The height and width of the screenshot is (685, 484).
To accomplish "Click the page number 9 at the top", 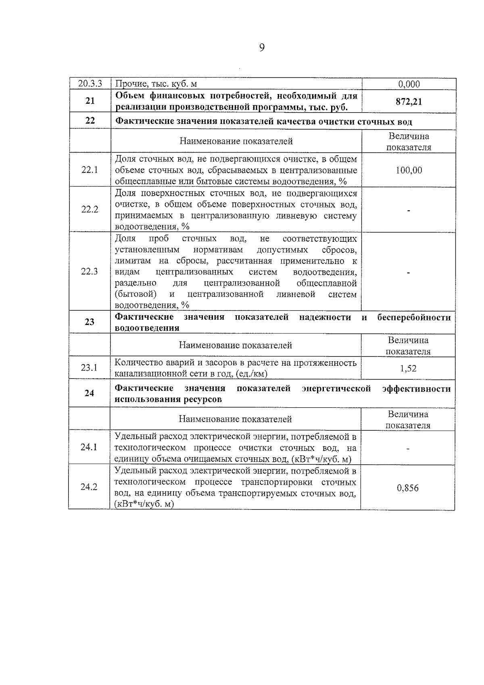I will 262,48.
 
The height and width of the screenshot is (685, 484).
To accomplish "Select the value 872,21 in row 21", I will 409,101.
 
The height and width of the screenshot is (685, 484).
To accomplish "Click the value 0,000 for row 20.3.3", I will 409,84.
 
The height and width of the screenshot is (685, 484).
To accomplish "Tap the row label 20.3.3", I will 90,84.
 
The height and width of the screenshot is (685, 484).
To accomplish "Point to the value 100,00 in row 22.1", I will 409,170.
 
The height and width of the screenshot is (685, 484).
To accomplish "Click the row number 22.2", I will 90,209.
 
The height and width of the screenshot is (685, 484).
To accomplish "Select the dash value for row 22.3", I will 409,273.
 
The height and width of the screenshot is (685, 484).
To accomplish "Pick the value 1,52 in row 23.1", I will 408,368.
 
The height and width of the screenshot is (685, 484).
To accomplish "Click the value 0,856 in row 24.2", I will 408,488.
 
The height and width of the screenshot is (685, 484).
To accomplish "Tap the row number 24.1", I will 89,447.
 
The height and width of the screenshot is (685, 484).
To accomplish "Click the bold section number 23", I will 90,322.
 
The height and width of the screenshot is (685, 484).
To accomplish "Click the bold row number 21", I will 90,101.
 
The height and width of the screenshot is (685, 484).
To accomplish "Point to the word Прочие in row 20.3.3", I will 127,84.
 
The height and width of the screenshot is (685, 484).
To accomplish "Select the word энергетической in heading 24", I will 336,389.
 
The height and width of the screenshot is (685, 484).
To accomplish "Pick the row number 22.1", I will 90,170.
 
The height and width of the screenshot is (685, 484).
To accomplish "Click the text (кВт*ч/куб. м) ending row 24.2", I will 144,504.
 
